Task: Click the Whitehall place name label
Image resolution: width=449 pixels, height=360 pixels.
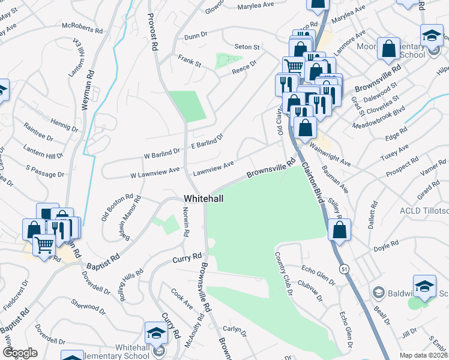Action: pyautogui.click(x=204, y=198)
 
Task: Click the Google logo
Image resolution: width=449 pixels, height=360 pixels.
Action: pyautogui.click(x=20, y=353)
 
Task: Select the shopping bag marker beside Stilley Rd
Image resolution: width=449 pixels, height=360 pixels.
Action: pyautogui.click(x=340, y=229)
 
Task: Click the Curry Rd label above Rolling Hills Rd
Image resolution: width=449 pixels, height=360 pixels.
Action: pyautogui.click(x=187, y=257)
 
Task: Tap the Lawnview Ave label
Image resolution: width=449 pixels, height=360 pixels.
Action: pyautogui.click(x=212, y=168)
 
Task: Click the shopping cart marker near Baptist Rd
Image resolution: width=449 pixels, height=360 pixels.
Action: pyautogui.click(x=44, y=244)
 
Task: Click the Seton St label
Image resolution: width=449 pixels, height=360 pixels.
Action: pyautogui.click(x=247, y=47)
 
